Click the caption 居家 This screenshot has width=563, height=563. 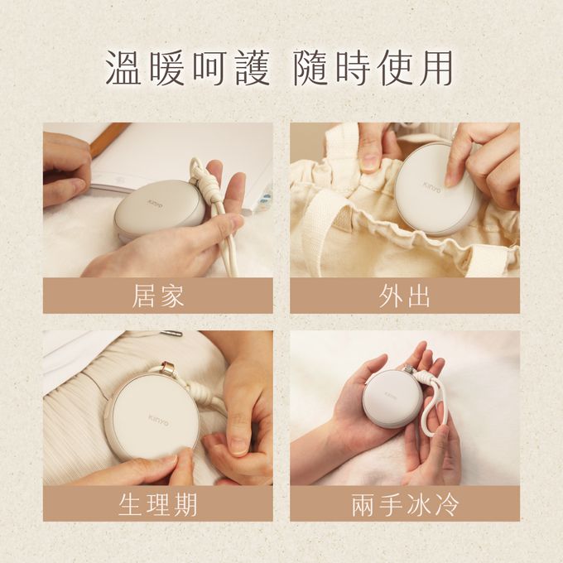[158, 296]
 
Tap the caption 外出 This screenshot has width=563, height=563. [405, 296]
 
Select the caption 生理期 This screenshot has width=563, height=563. [158, 504]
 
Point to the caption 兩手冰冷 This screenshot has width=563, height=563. [405, 504]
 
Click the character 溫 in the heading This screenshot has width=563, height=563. [123, 68]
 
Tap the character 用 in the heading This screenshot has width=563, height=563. [435, 68]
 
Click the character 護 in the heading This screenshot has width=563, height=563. [253, 68]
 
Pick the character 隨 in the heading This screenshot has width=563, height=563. [310, 68]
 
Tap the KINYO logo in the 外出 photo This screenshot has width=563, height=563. [431, 187]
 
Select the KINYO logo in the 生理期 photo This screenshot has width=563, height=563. [158, 420]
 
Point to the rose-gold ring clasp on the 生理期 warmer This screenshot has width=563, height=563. [169, 367]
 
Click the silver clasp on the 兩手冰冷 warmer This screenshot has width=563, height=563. [409, 370]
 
